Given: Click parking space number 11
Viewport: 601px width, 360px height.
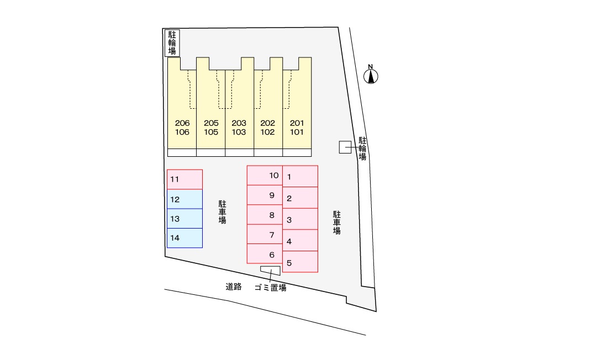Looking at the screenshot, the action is click(184, 179).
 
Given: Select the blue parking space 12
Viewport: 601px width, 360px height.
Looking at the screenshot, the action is click(184, 199).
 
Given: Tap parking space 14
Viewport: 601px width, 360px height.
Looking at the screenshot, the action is click(184, 238).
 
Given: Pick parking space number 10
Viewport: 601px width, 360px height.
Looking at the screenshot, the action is click(265, 176).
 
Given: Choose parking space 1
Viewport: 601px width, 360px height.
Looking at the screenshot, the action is click(300, 176).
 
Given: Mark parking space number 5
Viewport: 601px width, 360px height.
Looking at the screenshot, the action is click(300, 262).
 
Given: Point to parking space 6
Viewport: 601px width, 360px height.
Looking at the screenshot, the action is click(265, 253).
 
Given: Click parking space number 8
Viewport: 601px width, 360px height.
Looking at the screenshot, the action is click(265, 214).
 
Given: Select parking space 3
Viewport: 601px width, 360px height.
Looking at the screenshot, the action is click(300, 219).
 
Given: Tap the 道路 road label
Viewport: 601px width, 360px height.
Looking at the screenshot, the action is click(234, 287).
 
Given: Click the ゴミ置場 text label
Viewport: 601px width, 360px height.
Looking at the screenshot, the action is click(270, 288).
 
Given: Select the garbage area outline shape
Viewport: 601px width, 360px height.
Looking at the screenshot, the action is click(271, 271).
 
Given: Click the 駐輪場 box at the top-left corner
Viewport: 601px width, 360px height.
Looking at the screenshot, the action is click(172, 43).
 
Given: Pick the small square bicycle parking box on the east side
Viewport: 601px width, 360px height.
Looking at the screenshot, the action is click(345, 147).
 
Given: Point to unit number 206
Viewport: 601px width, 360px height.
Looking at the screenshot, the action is click(182, 123).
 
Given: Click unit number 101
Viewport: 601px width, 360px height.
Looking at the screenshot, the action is click(297, 132).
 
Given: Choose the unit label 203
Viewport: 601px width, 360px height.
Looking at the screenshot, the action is click(239, 123).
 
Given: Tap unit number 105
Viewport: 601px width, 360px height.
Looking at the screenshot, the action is click(211, 132).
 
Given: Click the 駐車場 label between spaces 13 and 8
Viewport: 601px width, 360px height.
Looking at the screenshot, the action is click(222, 212).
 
